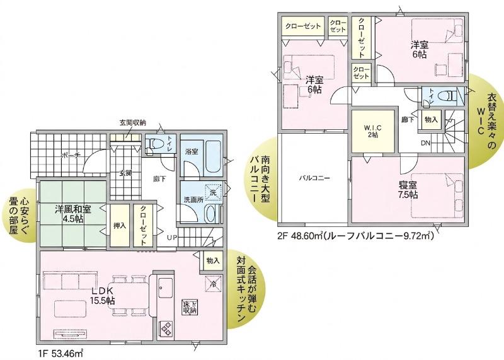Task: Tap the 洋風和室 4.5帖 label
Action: pyautogui.click(x=72, y=214)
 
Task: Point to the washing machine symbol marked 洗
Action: pyautogui.click(x=213, y=192)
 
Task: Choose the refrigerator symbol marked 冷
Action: pyautogui.click(x=213, y=284)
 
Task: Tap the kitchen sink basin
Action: pyautogui.click(x=166, y=288)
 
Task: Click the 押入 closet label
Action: pyautogui.click(x=120, y=226)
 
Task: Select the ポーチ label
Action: pyautogui.click(x=71, y=155)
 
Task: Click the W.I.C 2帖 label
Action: pyautogui.click(x=373, y=131)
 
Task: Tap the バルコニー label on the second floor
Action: pyautogui.click(x=314, y=178)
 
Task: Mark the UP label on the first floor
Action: pyautogui.click(x=171, y=238)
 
